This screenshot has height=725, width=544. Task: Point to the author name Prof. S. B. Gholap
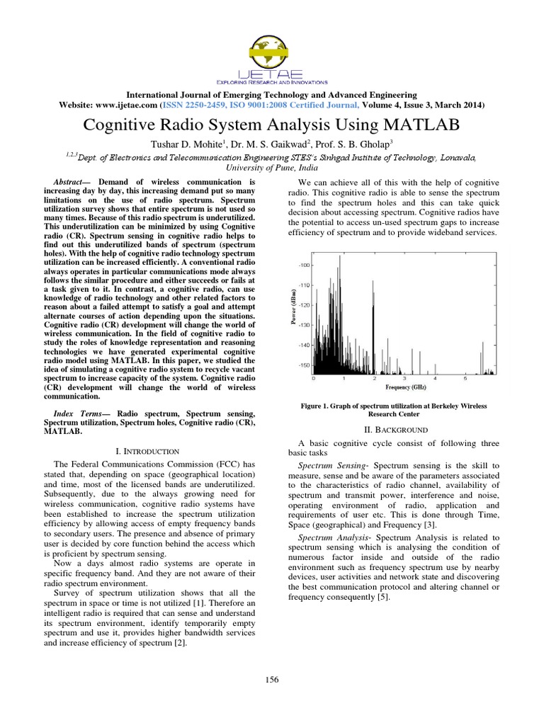coord(358,144)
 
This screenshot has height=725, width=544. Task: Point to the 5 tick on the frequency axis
coord(465,378)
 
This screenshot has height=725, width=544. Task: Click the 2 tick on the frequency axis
coord(375,378)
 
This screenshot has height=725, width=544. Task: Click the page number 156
coord(272,680)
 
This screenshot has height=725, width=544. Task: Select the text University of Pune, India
coord(271,168)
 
